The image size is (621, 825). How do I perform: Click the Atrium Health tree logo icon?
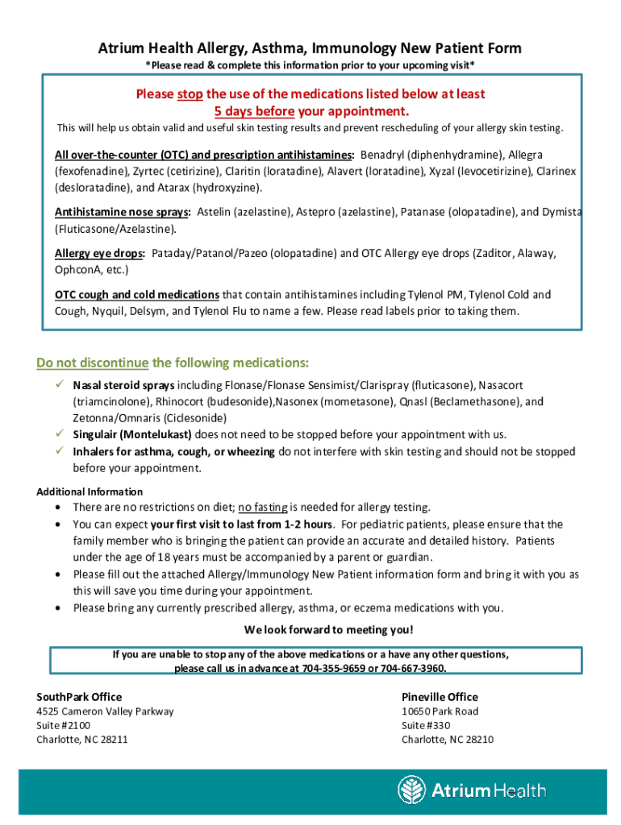(412, 790)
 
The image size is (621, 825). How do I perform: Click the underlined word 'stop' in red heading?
(190, 94)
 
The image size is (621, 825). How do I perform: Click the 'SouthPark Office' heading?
(79, 697)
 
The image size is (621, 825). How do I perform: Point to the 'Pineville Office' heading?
(440, 697)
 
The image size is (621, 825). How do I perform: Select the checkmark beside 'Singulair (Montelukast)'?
(60, 434)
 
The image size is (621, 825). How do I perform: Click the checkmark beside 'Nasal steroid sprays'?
(60, 385)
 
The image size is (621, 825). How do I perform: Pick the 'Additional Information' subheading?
(90, 491)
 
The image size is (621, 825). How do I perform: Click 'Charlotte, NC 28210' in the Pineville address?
(448, 740)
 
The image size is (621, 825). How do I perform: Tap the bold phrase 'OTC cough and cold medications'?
(136, 295)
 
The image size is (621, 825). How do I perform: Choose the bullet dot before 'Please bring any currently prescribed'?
(58, 608)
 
